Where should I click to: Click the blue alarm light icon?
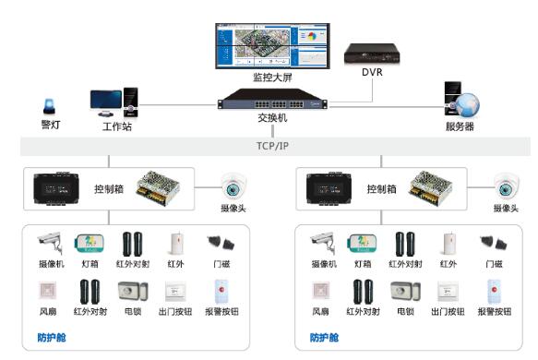49,105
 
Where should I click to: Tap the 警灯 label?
50,124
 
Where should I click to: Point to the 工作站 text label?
116,126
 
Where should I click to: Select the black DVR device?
371,54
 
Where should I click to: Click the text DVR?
371,72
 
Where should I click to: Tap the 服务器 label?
460,126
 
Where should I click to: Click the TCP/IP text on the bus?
273,146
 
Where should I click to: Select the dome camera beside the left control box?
233,185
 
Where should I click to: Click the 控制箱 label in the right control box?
382,188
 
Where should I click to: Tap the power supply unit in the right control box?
433,186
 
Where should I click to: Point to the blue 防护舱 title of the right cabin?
324,338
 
